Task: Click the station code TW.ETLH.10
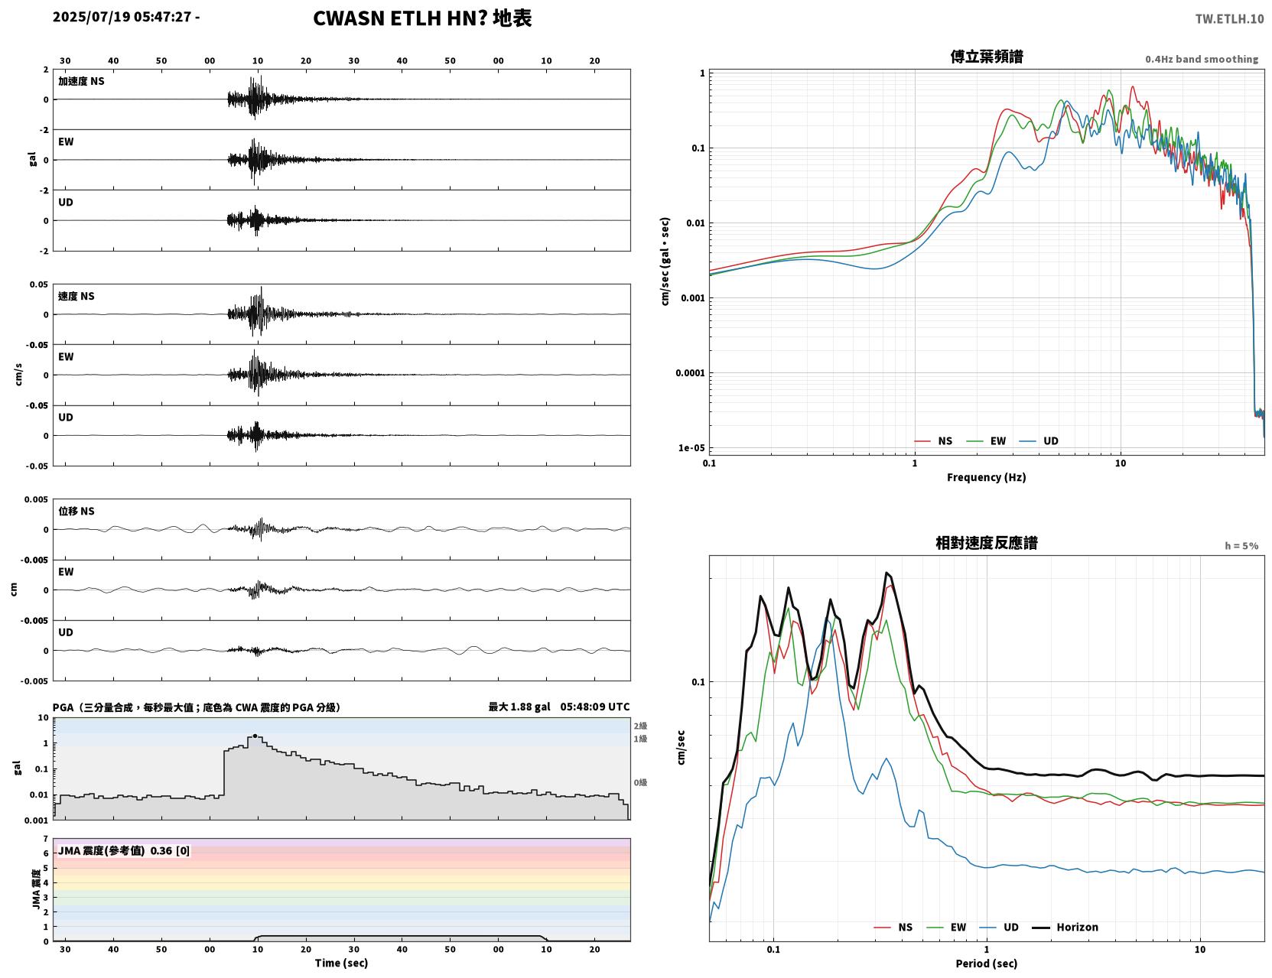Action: point(1228,18)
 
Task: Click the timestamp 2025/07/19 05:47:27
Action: point(122,16)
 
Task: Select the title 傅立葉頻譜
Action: point(986,57)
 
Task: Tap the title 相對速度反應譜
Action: point(986,543)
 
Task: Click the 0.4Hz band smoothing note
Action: point(1201,59)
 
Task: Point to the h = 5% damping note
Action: point(1241,546)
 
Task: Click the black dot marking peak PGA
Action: point(255,736)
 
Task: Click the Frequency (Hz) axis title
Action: point(986,477)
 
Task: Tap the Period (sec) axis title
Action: point(986,963)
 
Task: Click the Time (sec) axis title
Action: point(341,963)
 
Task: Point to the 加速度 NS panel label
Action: point(81,81)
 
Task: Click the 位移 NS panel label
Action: point(76,512)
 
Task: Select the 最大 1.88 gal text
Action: point(519,707)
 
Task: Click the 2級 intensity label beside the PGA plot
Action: point(639,726)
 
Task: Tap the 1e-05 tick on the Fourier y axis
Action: point(691,448)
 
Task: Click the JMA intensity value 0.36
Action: point(161,850)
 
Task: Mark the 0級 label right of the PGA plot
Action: point(639,783)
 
